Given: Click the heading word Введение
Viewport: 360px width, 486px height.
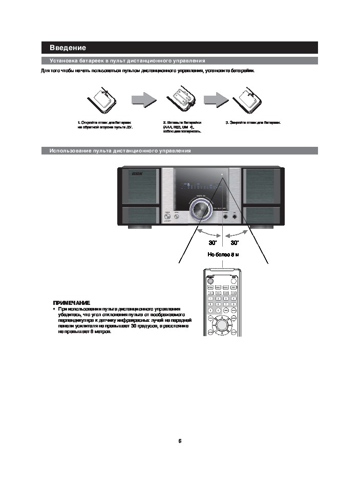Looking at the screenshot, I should click(x=68, y=48).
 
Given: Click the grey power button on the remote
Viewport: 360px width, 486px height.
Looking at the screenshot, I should click(x=210, y=281).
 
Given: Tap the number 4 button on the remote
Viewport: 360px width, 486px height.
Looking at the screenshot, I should click(x=210, y=304).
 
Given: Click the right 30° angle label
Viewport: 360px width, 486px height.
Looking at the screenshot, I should click(x=235, y=242).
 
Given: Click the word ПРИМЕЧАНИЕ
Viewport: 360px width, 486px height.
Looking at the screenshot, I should click(x=72, y=303).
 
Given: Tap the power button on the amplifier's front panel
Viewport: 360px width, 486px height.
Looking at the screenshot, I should click(x=166, y=217).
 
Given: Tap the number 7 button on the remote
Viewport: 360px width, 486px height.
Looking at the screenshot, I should click(x=210, y=310).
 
